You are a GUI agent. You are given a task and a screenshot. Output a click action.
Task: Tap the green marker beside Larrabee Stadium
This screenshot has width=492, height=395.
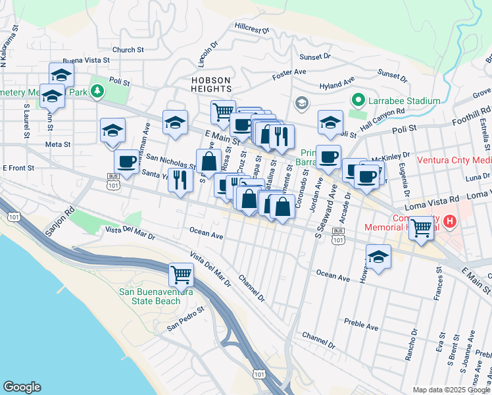358,101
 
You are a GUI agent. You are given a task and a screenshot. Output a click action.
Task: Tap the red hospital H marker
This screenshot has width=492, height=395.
451,221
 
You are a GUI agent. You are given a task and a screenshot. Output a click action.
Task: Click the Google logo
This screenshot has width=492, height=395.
22,387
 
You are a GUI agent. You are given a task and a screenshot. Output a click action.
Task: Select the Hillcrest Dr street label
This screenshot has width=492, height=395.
252,27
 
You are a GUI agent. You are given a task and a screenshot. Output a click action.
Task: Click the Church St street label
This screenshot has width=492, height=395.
128,49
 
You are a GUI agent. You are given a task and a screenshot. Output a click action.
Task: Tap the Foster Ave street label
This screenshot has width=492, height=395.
289,73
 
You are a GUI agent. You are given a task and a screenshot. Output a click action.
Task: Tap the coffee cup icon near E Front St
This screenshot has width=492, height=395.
126,160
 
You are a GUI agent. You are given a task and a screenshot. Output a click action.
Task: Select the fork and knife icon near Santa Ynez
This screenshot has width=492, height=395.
180,179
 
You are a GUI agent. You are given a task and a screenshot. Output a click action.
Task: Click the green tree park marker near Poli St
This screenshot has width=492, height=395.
98,90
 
